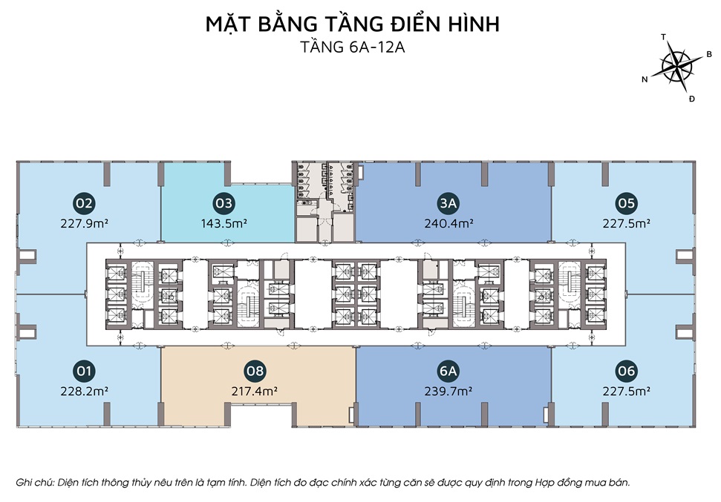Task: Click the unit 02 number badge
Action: (x=84, y=203)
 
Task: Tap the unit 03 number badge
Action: (x=224, y=203)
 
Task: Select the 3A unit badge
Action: (x=448, y=203)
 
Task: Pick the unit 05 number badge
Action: (x=626, y=203)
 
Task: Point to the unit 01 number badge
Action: (x=84, y=371)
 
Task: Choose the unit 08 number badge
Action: (x=255, y=371)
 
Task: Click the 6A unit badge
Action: (x=448, y=371)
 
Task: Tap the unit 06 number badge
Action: (x=626, y=371)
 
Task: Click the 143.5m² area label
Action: (x=224, y=224)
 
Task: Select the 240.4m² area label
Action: (x=448, y=224)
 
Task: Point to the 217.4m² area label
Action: (x=254, y=392)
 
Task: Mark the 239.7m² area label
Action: (x=448, y=392)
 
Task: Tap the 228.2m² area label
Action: (x=84, y=392)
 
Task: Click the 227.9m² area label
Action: (x=84, y=224)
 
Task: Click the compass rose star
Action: (x=677, y=66)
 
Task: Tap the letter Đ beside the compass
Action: (x=691, y=99)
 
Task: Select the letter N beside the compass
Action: (x=645, y=79)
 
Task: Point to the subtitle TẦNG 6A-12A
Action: (x=353, y=47)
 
